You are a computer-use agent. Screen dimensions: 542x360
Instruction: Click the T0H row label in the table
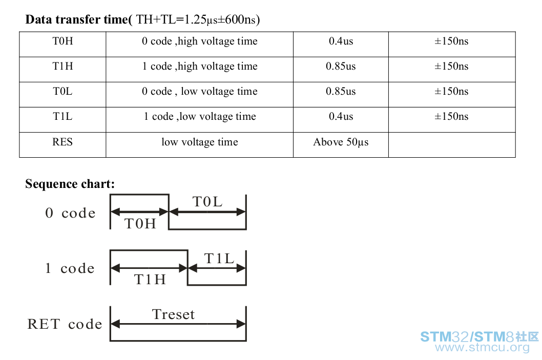click(62, 41)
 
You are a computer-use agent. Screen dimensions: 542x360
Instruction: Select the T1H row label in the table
click(62, 66)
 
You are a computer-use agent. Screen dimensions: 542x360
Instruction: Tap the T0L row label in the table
click(62, 91)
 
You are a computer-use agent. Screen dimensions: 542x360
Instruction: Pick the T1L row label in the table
click(62, 116)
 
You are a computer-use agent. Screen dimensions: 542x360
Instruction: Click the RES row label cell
click(62, 142)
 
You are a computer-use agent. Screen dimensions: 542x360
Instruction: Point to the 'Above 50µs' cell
click(341, 142)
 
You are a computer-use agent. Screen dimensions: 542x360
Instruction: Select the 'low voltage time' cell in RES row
click(200, 142)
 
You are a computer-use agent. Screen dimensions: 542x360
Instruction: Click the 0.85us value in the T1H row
click(341, 66)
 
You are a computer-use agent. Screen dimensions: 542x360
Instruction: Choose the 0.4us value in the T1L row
click(341, 116)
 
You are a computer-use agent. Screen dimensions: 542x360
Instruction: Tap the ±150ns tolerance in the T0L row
click(451, 91)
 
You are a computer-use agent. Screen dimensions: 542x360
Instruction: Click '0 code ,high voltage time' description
click(200, 41)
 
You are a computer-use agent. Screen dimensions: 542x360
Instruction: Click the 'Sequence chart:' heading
click(70, 184)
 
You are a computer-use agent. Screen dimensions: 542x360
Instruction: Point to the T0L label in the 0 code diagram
click(207, 202)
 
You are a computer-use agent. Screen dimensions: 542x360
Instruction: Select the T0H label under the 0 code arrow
click(140, 224)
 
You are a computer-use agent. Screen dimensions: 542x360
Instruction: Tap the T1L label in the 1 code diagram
click(219, 259)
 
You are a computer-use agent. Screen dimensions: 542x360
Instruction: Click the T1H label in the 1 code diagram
click(150, 280)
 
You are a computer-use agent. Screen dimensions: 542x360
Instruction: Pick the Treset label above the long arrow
click(174, 314)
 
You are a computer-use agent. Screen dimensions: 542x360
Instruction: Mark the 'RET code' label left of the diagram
click(65, 324)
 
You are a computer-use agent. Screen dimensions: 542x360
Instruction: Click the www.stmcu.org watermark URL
click(482, 348)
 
